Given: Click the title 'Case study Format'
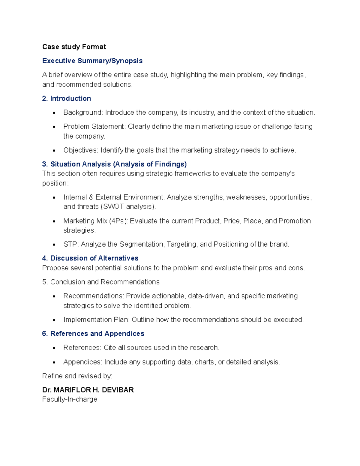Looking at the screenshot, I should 74,47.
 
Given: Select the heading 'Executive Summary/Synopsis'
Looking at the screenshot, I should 92,61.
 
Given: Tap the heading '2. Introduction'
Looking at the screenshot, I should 66,98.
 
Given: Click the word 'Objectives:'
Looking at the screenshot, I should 81,150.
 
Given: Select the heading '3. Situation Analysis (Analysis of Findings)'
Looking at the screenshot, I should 114,164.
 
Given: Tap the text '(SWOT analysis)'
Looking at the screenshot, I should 128,207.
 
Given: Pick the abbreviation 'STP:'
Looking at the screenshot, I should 71,244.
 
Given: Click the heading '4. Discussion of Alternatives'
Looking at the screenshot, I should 90,258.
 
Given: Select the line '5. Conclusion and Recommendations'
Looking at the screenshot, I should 101,282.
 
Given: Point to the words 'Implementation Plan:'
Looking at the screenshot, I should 96,320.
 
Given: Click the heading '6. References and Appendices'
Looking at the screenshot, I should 93,334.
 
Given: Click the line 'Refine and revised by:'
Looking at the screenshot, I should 77,376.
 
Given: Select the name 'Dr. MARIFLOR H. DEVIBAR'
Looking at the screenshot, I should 88,390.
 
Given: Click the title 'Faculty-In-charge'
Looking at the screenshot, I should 70,399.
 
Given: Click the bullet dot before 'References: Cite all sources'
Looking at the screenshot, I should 54,348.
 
